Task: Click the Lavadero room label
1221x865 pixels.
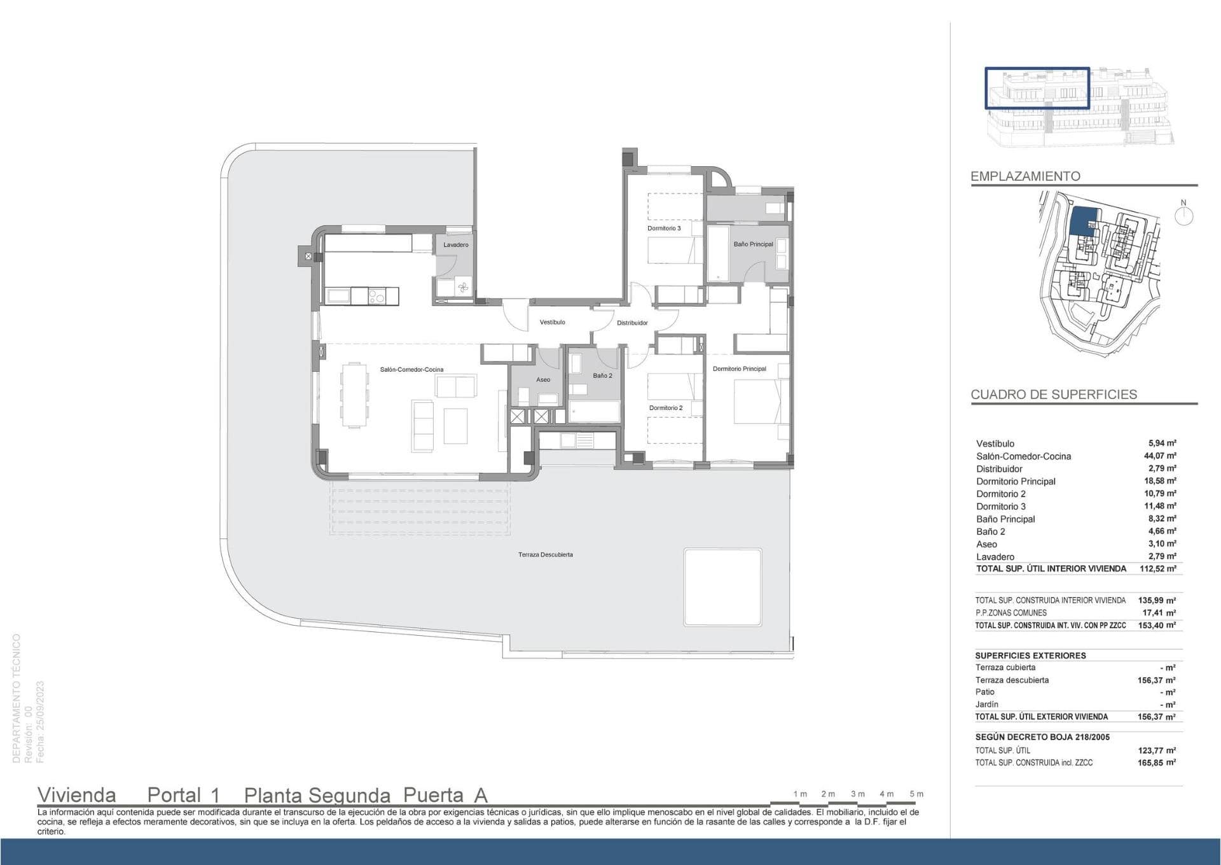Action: pos(456,245)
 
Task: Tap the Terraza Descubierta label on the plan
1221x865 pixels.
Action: pos(546,555)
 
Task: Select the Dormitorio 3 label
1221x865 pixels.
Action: pos(664,229)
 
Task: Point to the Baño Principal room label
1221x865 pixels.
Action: pos(754,244)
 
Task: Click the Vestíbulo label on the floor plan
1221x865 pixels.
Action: pos(553,323)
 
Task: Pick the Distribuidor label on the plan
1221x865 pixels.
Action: pos(632,323)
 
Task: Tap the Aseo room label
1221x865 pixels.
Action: pos(543,380)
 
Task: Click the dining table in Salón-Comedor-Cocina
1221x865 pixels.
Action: pos(354,395)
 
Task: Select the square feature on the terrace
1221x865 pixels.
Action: pos(723,587)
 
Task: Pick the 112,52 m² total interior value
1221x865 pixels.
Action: pos(1157,569)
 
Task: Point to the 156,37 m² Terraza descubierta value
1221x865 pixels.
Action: pos(1156,680)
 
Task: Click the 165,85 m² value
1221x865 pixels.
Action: pos(1156,763)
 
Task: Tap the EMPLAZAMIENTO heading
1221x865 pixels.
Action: pos(1025,176)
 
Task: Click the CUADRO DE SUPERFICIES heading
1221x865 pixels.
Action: pos(1054,395)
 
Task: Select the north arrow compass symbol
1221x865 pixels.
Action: pos(1183,214)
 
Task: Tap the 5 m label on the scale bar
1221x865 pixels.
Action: pos(916,794)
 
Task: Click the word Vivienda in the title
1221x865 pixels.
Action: pos(77,796)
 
